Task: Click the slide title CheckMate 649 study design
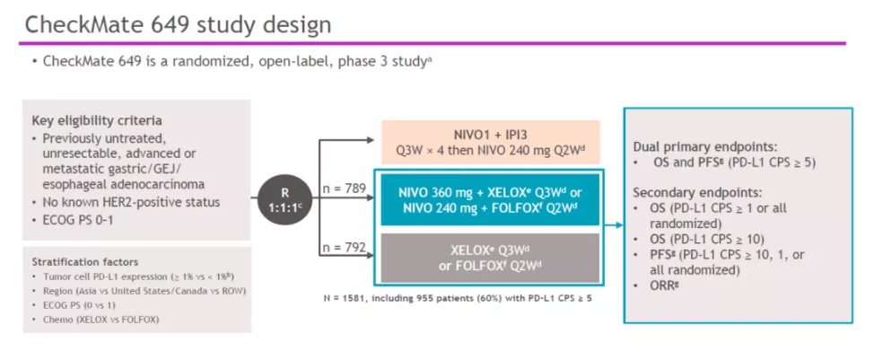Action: click(x=178, y=24)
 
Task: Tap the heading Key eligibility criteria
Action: click(x=98, y=120)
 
